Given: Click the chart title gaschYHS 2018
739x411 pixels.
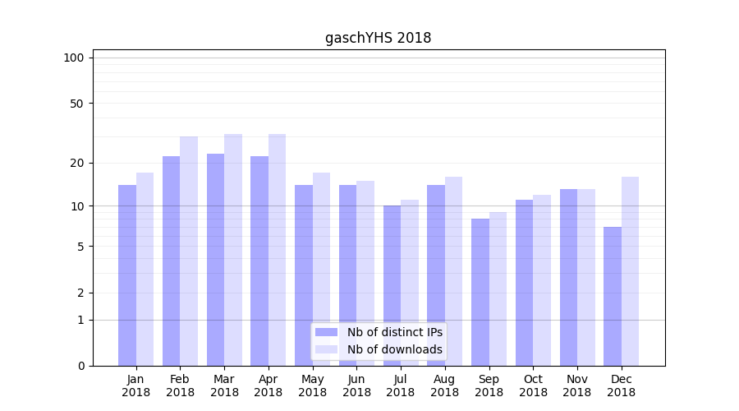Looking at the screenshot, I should tap(378, 38).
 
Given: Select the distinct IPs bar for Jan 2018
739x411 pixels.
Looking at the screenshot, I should tap(127, 275).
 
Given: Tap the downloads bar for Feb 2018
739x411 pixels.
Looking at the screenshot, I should tap(189, 251).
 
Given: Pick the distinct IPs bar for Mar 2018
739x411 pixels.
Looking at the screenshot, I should tap(215, 260).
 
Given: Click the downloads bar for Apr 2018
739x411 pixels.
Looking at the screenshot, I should tap(277, 250).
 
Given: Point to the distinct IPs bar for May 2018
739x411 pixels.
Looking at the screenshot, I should tap(304, 275).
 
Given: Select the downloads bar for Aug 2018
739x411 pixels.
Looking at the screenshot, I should tap(453, 271).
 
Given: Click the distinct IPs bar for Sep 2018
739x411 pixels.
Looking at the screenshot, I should tap(480, 292).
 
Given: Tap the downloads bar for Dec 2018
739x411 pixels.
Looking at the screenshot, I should tap(630, 271).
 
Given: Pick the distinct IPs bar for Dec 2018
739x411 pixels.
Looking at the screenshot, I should tap(613, 296).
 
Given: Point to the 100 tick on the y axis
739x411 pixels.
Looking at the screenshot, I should tap(74, 58).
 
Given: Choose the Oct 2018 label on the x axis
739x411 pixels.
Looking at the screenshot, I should tap(533, 386).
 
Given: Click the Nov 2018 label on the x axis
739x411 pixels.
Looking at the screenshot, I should tap(577, 386).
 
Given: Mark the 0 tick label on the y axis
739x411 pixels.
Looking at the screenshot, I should tap(80, 366).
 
